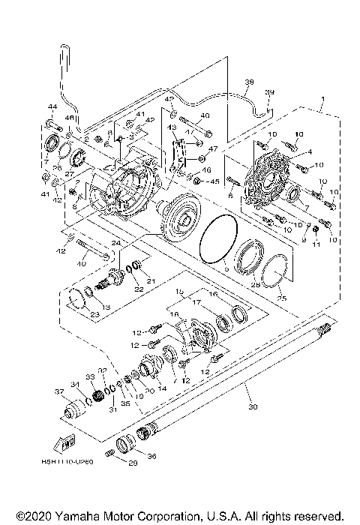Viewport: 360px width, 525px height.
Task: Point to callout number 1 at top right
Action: (322, 100)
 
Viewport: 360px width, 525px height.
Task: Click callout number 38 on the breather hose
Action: (250, 82)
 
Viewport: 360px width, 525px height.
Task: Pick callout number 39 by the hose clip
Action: (270, 91)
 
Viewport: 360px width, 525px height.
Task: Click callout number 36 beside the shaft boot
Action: (154, 455)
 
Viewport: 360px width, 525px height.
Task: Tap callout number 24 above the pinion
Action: (117, 243)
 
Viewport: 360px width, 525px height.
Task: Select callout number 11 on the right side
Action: (316, 244)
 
